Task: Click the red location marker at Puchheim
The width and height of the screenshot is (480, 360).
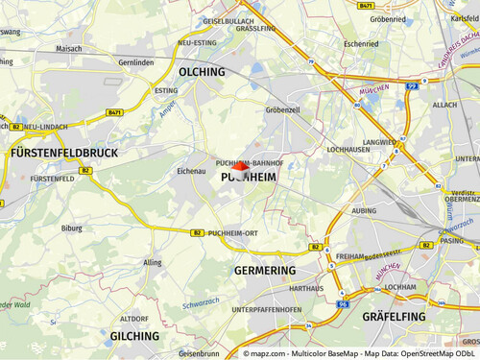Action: pyautogui.click(x=240, y=167)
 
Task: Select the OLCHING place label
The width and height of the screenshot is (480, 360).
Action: pyautogui.click(x=202, y=72)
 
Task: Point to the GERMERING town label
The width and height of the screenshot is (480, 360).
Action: pyautogui.click(x=265, y=272)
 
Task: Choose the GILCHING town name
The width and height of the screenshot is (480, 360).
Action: pyautogui.click(x=134, y=336)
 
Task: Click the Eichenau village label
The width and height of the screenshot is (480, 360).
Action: pyautogui.click(x=192, y=171)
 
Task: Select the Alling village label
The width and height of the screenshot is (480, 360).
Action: pyautogui.click(x=152, y=261)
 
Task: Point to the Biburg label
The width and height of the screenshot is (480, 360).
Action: pyautogui.click(x=71, y=229)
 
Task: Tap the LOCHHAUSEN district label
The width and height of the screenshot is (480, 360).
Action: pyautogui.click(x=348, y=150)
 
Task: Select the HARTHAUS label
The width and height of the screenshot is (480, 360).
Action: pyautogui.click(x=305, y=288)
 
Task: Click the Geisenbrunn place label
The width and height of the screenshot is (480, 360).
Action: pyautogui.click(x=199, y=353)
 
